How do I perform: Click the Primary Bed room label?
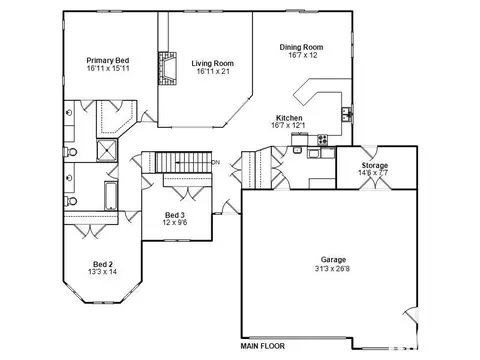click(x=108, y=61)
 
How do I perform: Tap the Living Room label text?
click(x=213, y=63)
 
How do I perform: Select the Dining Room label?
click(x=301, y=47)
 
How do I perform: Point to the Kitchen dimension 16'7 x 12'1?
click(x=288, y=125)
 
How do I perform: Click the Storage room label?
click(x=375, y=165)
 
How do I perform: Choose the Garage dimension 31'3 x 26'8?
click(x=332, y=268)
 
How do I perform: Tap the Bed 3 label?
click(x=175, y=215)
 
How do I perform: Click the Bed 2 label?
click(x=103, y=264)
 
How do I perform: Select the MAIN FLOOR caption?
click(x=263, y=346)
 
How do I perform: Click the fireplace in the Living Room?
click(x=167, y=68)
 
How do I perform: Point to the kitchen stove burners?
click(x=322, y=139)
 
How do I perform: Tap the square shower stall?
click(x=107, y=150)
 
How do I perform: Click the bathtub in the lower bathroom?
click(x=111, y=196)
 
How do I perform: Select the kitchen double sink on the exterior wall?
click(x=347, y=115)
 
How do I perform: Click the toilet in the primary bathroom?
click(x=71, y=152)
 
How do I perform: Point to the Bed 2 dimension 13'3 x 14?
click(x=103, y=272)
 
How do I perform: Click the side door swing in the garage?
click(x=411, y=315)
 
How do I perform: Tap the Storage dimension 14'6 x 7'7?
click(x=373, y=173)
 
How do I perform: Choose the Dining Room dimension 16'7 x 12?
click(x=303, y=55)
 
